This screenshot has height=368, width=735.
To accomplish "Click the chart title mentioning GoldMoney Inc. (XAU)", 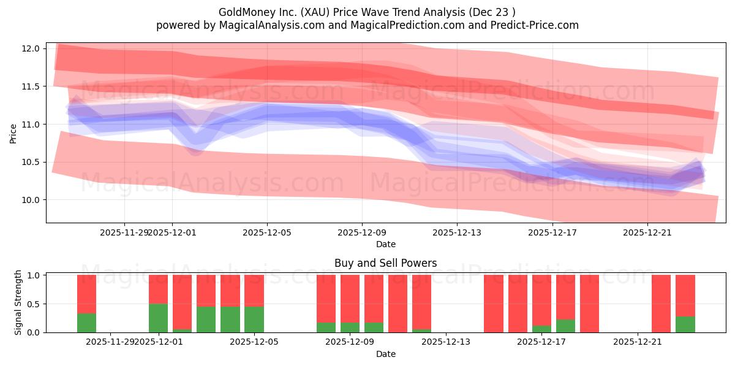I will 367,12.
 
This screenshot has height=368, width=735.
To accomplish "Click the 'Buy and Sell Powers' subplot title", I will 386,263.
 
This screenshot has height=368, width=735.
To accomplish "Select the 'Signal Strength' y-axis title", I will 18,302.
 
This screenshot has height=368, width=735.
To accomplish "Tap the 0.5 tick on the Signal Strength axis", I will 34,304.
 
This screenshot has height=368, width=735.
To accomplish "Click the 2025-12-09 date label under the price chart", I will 362,232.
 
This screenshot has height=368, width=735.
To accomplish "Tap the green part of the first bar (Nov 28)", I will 86,323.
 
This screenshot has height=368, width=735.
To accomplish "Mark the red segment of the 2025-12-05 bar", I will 254,289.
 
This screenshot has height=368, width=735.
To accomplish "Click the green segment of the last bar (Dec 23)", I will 685,324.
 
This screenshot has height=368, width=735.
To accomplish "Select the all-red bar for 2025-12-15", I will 494,304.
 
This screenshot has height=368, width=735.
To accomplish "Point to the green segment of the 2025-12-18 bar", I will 566,326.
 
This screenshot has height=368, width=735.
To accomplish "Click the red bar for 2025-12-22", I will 661,304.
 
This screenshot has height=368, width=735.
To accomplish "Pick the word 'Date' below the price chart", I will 386,244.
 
